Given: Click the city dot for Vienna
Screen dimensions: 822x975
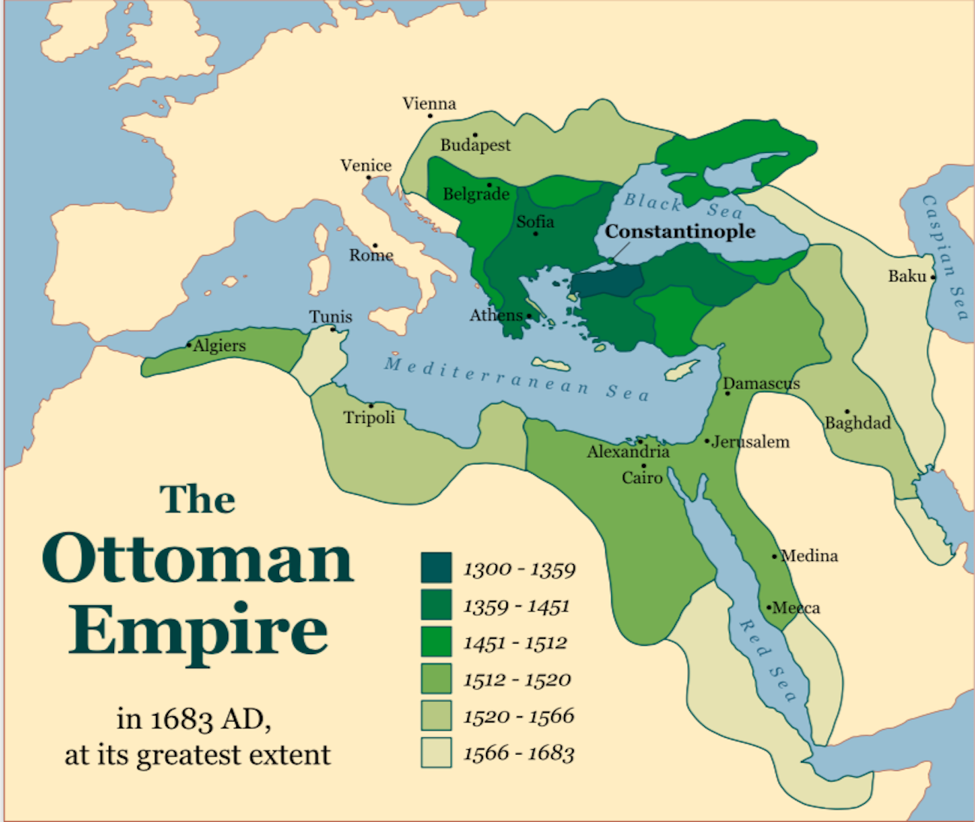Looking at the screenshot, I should pos(430,115).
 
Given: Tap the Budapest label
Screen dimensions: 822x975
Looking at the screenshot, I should pos(475,145).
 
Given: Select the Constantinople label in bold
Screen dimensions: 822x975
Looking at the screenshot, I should pos(680,231).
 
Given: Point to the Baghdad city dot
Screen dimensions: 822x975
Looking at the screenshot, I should pos(847,412).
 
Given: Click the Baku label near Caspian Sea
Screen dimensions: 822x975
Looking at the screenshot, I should pos(907,276).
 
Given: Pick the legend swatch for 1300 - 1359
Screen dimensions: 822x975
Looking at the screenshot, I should pos(436,568).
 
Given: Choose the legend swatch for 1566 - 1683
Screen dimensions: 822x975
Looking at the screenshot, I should pos(436,752).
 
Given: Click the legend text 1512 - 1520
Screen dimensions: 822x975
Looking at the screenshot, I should pos(517,679).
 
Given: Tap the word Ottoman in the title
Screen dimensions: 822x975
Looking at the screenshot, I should pos(198,559).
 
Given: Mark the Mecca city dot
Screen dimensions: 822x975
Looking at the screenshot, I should pos(769,607).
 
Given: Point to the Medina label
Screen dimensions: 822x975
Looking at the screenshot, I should pos(809,556).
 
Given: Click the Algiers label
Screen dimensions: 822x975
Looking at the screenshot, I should pos(219,346).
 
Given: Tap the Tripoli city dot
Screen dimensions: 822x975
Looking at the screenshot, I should pos(370,406).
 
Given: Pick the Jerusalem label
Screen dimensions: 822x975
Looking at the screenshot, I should pos(750,442).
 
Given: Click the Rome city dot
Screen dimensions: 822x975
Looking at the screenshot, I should pos(375,245).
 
